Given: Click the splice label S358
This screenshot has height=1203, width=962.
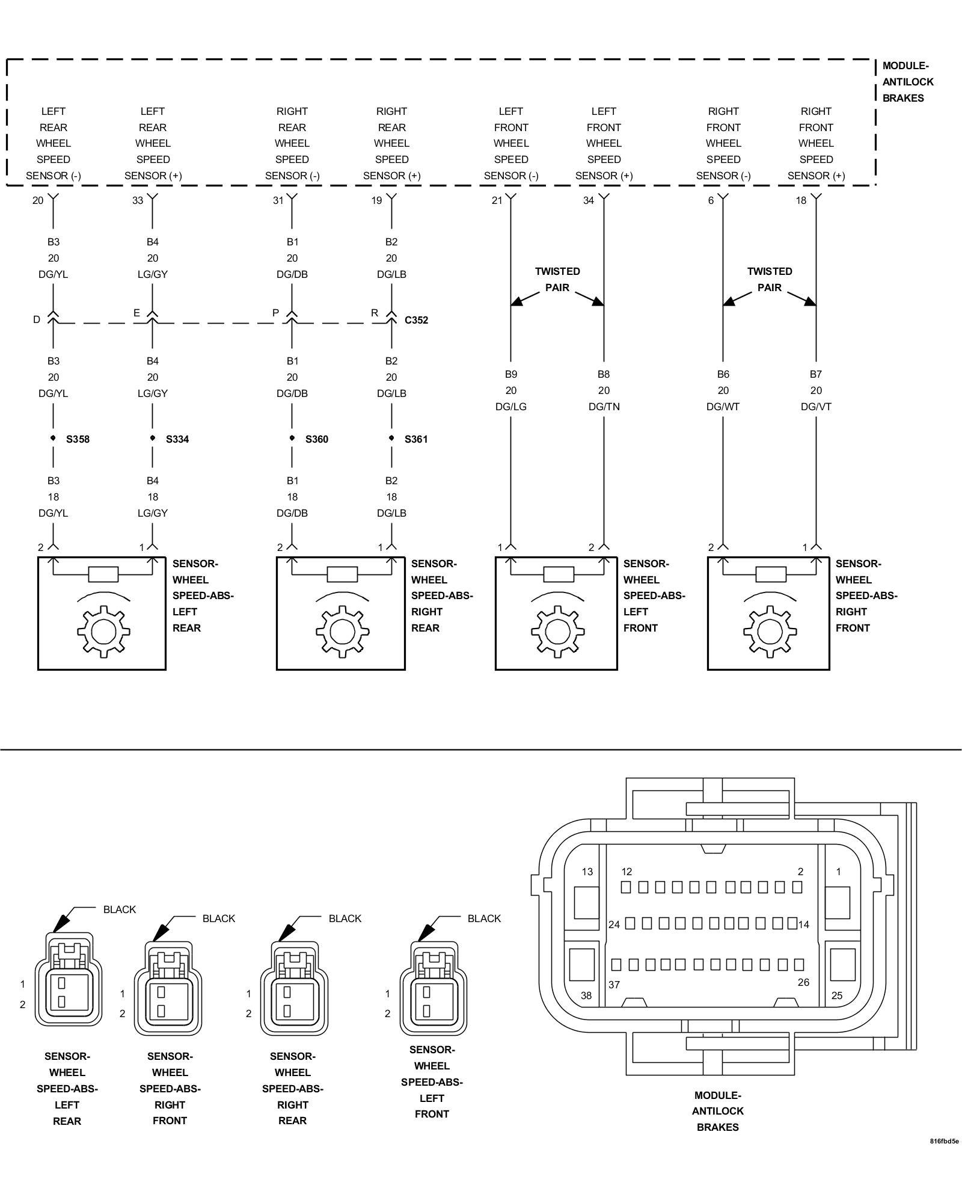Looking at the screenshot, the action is click(78, 439).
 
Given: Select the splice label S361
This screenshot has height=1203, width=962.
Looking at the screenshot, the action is click(416, 439).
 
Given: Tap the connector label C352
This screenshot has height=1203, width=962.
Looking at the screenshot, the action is click(416, 320).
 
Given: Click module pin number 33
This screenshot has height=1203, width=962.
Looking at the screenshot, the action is click(138, 200).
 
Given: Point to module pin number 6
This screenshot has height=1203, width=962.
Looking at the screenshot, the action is click(711, 200).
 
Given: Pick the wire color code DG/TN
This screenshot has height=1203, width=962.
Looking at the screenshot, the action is click(604, 407).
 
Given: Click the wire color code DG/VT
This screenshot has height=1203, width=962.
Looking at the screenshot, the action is click(816, 407).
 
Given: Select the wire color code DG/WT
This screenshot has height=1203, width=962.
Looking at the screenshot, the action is click(723, 407).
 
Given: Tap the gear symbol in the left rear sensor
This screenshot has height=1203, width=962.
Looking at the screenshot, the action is click(103, 632).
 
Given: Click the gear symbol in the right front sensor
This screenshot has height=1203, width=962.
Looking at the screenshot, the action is click(770, 632).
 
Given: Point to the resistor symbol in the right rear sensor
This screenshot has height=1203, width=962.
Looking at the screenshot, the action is click(342, 574).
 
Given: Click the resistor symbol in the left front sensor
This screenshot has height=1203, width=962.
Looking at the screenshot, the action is click(559, 574).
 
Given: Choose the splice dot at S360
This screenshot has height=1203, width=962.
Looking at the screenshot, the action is click(292, 438).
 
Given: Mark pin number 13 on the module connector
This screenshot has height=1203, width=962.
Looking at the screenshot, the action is click(587, 872).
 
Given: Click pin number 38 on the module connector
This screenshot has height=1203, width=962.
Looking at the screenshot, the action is click(586, 995).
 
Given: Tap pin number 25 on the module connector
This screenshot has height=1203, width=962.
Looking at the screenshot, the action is click(837, 995).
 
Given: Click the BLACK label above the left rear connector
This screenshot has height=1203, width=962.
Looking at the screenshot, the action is click(120, 909).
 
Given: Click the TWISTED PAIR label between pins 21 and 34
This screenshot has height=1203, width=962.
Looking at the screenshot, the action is click(557, 280).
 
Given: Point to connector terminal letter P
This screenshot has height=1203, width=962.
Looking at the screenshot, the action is click(275, 313).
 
